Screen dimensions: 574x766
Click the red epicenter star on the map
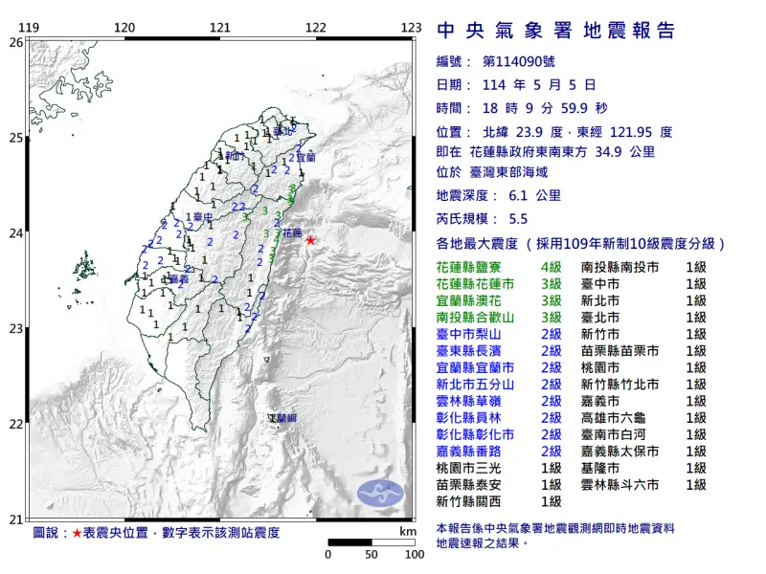pyautogui.click(x=310, y=240)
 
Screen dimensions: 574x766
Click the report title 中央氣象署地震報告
pyautogui.click(x=555, y=32)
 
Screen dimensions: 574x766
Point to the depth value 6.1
pyautogui.click(x=518, y=195)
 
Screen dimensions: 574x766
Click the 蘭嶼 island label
pyautogui.click(x=282, y=419)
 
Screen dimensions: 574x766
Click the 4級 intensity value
pyautogui.click(x=552, y=269)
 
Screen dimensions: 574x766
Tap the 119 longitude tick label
pyautogui.click(x=29, y=27)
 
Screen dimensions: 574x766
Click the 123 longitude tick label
pyautogui.click(x=410, y=27)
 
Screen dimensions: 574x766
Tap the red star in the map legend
pyautogui.click(x=78, y=532)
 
